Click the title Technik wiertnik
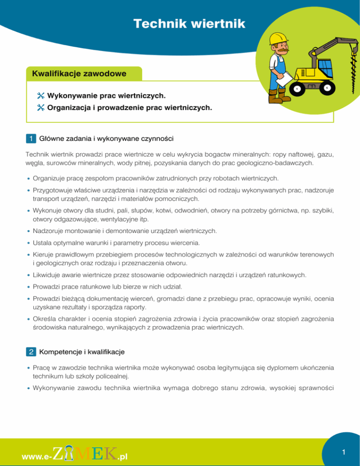[189, 23]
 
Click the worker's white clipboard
[283, 80]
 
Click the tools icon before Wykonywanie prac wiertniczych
[40, 96]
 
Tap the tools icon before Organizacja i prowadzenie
[40, 108]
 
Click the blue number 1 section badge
[30, 138]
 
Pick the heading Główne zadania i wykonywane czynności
[107, 138]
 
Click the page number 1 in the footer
[344, 452]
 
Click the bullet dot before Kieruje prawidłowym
[29, 255]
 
